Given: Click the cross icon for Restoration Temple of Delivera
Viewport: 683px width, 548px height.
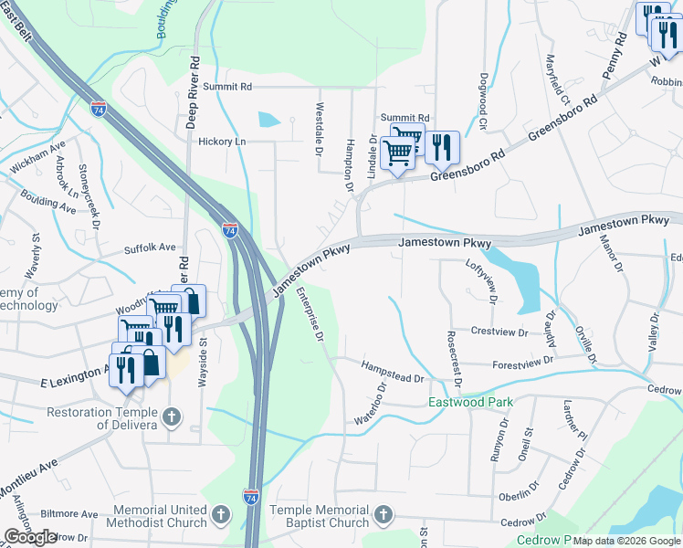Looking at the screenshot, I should tap(172, 418).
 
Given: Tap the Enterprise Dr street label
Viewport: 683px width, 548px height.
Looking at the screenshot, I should tap(310, 315).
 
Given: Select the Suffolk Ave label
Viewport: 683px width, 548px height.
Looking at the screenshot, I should tap(150, 248).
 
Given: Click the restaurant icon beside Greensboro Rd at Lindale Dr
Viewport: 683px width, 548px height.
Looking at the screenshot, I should tap(442, 146).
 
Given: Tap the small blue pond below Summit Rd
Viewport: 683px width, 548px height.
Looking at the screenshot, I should tap(270, 119).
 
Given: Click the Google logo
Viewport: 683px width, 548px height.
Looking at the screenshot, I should tap(30, 537).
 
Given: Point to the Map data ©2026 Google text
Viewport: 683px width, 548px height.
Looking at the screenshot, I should tap(627, 541).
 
